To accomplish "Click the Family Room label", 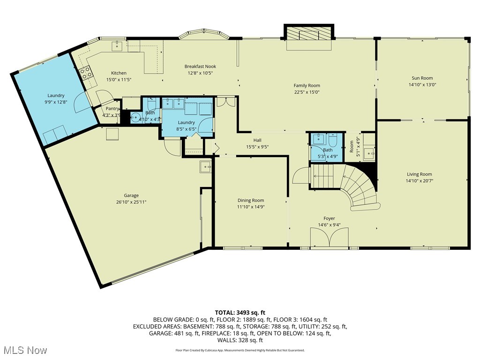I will (307, 85).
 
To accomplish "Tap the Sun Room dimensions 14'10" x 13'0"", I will (422, 85).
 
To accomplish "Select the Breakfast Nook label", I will (200, 67).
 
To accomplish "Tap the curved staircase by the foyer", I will (359, 187).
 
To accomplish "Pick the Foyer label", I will (329, 218).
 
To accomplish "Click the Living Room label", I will (419, 174).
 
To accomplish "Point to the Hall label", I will (257, 140).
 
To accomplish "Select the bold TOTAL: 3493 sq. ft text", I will (240, 312).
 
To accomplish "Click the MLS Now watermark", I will (25, 350).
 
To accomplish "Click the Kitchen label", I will (119, 73).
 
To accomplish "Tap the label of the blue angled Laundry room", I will (56, 96).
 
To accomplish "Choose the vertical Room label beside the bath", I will (352, 147).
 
